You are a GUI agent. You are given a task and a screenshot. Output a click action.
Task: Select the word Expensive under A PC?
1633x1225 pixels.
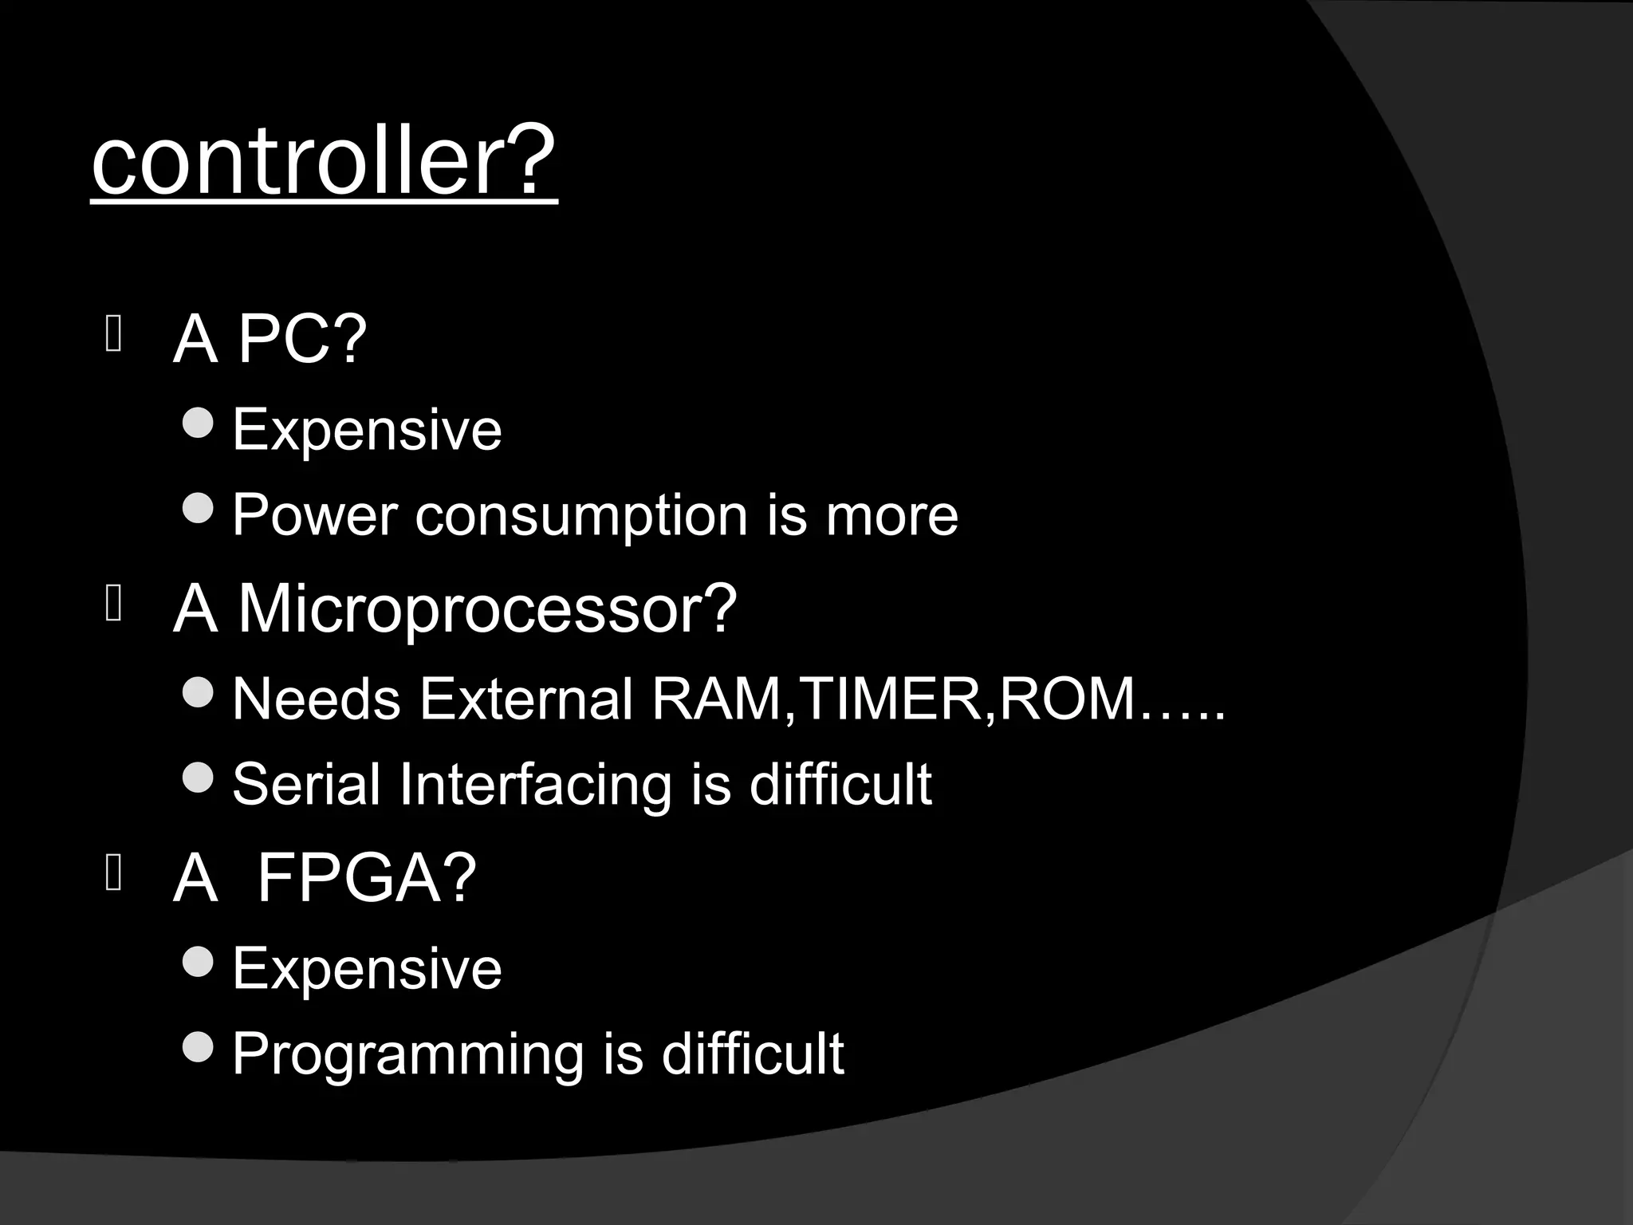(367, 430)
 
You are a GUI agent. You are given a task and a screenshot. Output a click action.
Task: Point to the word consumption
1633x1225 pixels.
(581, 516)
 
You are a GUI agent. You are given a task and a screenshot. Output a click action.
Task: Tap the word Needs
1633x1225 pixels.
(316, 699)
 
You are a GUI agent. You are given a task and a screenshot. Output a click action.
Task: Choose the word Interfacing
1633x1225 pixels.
(536, 786)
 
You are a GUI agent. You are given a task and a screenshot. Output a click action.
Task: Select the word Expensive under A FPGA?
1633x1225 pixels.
(367, 968)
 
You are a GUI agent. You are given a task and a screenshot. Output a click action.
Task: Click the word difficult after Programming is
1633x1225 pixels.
(752, 1054)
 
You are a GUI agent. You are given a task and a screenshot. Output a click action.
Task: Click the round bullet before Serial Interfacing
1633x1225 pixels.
(198, 777)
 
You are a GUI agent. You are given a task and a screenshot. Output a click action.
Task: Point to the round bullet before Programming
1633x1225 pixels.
(198, 1046)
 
